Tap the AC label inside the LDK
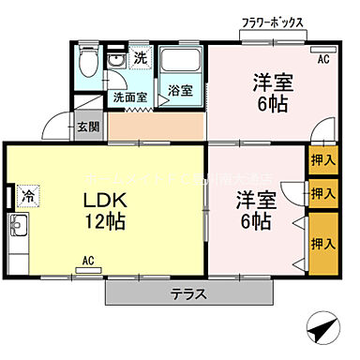point(87,260)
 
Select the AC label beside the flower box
point(323,60)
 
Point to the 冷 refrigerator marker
point(28,197)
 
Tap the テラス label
point(187,293)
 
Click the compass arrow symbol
point(323,330)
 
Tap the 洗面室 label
point(130,96)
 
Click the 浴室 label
point(180,92)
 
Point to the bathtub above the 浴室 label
point(181,62)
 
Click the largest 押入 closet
point(323,243)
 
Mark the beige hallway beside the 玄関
point(156,127)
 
